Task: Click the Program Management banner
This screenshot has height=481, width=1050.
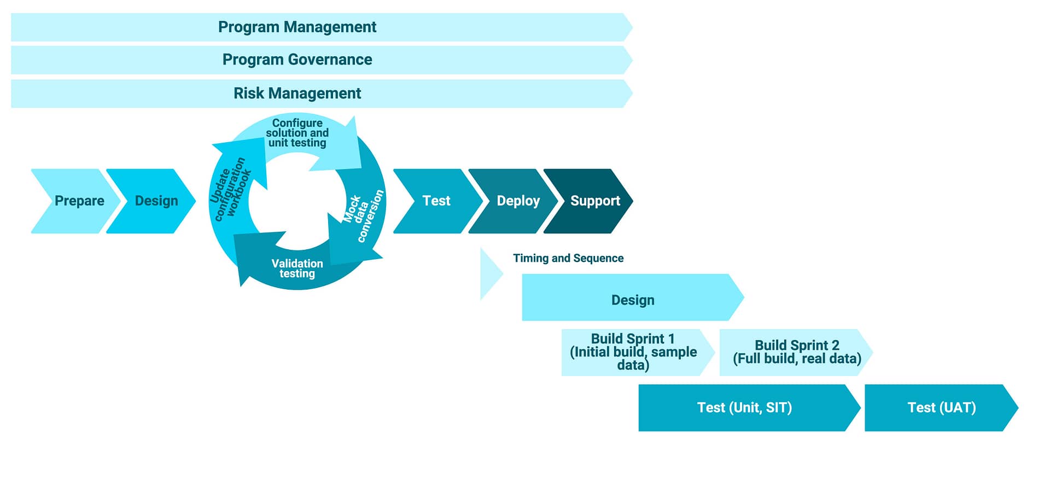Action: click(x=322, y=27)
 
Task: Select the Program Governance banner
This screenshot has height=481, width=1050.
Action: click(x=322, y=60)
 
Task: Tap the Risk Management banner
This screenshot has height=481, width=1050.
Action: click(x=322, y=93)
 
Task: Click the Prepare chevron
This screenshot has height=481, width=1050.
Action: click(x=75, y=201)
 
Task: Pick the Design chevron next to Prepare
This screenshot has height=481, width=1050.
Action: click(x=151, y=201)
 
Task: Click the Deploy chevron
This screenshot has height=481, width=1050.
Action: click(x=514, y=201)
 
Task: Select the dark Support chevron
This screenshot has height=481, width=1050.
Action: click(x=588, y=201)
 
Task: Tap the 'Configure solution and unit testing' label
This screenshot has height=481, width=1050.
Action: click(x=297, y=133)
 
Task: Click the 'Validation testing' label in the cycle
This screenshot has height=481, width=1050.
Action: click(x=297, y=268)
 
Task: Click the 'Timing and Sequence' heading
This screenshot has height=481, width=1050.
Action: click(x=568, y=258)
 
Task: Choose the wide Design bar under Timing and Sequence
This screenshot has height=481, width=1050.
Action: click(x=633, y=297)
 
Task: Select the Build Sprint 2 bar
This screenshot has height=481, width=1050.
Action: click(x=796, y=353)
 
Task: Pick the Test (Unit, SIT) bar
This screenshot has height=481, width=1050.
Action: click(x=749, y=408)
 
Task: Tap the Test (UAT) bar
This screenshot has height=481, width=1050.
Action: click(x=941, y=408)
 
